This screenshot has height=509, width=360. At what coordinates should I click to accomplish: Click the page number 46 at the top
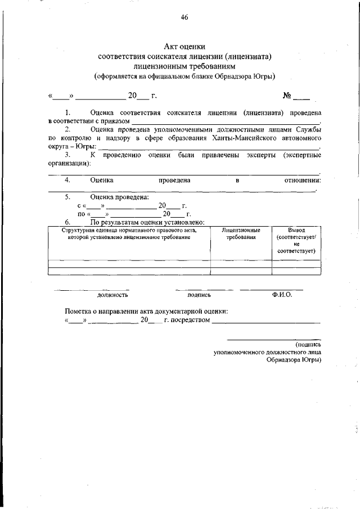(184, 17)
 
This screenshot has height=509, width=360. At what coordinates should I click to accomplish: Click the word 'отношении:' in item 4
(303, 180)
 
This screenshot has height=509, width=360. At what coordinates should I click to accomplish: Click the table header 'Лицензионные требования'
(241, 234)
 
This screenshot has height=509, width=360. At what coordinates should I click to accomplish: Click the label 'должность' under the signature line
(112, 294)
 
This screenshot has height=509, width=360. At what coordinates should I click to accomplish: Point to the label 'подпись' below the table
(199, 294)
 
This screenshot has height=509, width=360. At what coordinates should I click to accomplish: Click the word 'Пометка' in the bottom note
(79, 311)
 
